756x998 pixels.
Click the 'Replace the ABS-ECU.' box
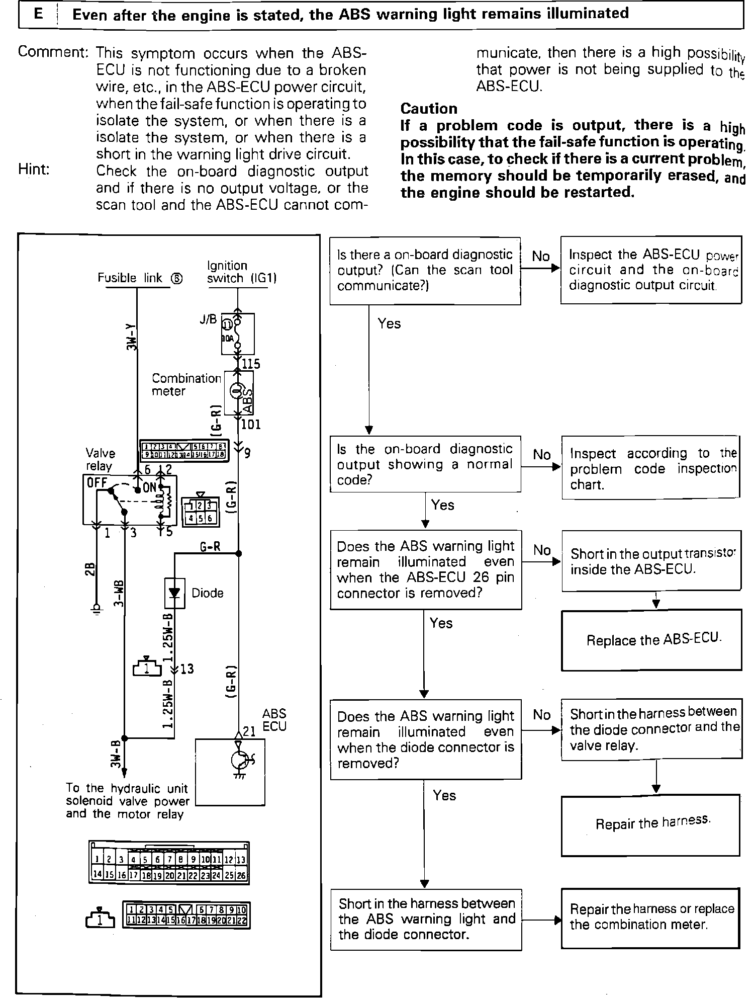point(651,640)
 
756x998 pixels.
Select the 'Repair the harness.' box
point(650,824)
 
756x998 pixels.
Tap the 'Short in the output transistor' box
point(651,561)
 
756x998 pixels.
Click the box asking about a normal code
point(425,464)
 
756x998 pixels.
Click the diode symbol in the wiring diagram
point(174,593)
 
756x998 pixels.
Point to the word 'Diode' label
point(207,593)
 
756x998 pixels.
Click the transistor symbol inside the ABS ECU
point(239,761)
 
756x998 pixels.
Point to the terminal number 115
point(251,364)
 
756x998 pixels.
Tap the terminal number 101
point(251,425)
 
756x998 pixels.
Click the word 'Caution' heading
point(429,109)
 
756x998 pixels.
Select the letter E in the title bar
point(39,14)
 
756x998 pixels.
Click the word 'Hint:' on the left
point(34,170)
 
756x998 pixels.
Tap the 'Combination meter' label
point(186,385)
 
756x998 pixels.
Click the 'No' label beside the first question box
point(541,257)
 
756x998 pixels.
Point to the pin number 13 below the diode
point(186,669)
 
